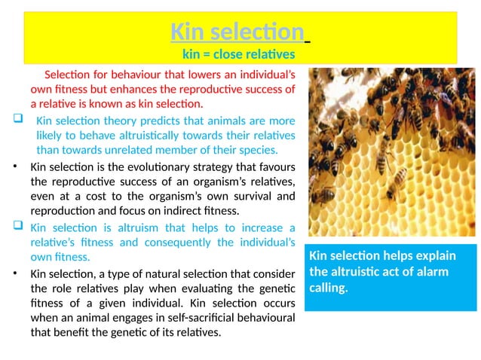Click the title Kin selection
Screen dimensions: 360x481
237,32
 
